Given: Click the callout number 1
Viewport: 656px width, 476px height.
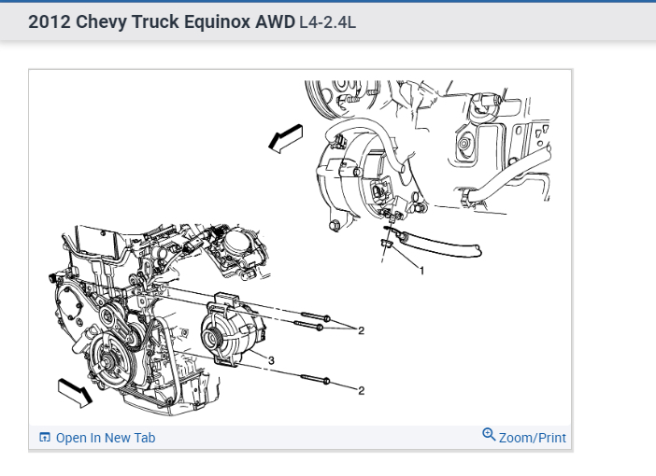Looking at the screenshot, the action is tap(421, 272).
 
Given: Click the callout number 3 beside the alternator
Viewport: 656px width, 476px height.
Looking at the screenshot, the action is tap(270, 359).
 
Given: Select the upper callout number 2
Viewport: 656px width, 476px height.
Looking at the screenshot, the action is tap(361, 329).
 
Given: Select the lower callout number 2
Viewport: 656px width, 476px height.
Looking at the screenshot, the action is tap(361, 389).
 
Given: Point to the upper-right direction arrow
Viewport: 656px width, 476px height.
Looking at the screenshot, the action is tap(286, 137).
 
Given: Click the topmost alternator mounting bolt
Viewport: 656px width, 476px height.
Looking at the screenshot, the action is tap(312, 317).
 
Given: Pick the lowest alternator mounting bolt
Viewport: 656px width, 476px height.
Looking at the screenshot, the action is tap(315, 379).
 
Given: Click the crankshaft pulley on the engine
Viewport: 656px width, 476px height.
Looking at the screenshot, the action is tap(109, 358).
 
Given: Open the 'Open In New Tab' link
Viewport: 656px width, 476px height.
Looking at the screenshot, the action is tap(106, 438).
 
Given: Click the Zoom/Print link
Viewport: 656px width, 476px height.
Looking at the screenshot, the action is tap(532, 437).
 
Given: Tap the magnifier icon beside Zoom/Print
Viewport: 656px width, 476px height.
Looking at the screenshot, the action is tap(489, 435).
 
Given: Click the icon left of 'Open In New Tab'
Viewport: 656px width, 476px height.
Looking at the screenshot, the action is tap(45, 438).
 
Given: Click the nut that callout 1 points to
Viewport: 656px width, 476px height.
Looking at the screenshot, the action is tap(386, 245).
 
